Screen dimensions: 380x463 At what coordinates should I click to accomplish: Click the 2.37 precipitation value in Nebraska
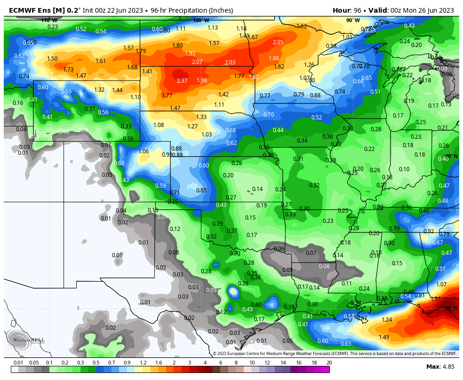click(182, 81)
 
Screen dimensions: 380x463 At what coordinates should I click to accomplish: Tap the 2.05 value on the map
click(278, 42)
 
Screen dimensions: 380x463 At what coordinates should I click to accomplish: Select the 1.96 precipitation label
click(202, 80)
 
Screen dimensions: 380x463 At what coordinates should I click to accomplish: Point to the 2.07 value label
click(197, 62)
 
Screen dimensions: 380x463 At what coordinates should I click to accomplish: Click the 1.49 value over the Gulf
click(384, 337)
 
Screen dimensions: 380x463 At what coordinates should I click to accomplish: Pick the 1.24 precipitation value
click(387, 320)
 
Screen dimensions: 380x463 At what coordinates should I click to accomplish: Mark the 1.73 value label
click(68, 70)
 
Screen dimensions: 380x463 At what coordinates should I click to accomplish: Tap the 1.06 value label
click(144, 151)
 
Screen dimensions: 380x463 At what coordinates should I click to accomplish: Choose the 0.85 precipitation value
click(201, 190)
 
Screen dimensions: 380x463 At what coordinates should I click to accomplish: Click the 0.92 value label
click(428, 231)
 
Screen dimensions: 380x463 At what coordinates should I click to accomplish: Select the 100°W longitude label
click(201, 20)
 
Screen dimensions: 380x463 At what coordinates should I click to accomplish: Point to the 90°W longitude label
click(353, 20)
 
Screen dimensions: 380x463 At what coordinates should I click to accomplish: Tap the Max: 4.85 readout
click(440, 366)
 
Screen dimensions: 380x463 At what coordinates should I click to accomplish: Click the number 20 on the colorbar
click(329, 363)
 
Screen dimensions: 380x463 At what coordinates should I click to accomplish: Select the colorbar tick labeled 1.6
click(158, 363)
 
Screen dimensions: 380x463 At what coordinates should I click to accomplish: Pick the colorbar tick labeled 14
click(283, 363)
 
